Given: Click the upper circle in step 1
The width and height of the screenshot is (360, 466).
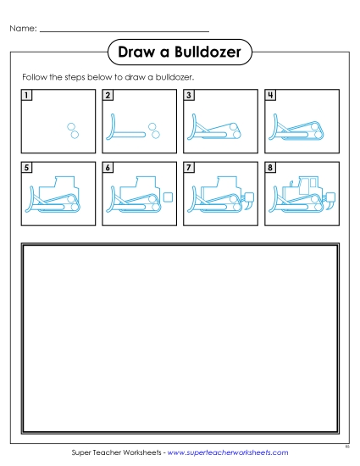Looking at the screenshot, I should click(71, 125).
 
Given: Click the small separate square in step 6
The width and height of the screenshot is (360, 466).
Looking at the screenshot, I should click(168, 197).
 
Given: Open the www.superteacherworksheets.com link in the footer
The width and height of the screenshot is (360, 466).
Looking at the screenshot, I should click(230, 453).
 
